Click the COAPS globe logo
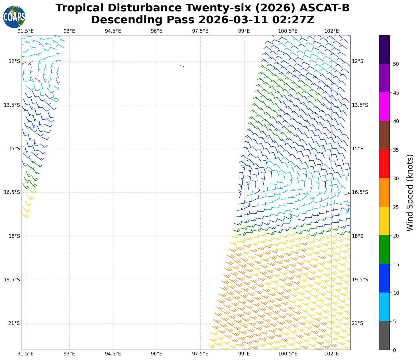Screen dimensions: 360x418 click(14, 17)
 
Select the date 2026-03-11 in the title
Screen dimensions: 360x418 click(234, 20)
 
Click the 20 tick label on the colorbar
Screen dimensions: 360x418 click(395, 236)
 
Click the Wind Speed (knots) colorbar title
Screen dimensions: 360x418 click(409, 193)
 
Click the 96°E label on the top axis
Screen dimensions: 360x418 click(156, 31)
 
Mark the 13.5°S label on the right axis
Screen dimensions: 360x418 click(360, 105)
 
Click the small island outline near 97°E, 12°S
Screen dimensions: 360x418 click(182, 66)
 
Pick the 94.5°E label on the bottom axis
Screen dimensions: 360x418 click(113, 354)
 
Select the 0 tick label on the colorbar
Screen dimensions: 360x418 click(394, 350)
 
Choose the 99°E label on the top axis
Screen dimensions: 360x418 click(244, 31)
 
